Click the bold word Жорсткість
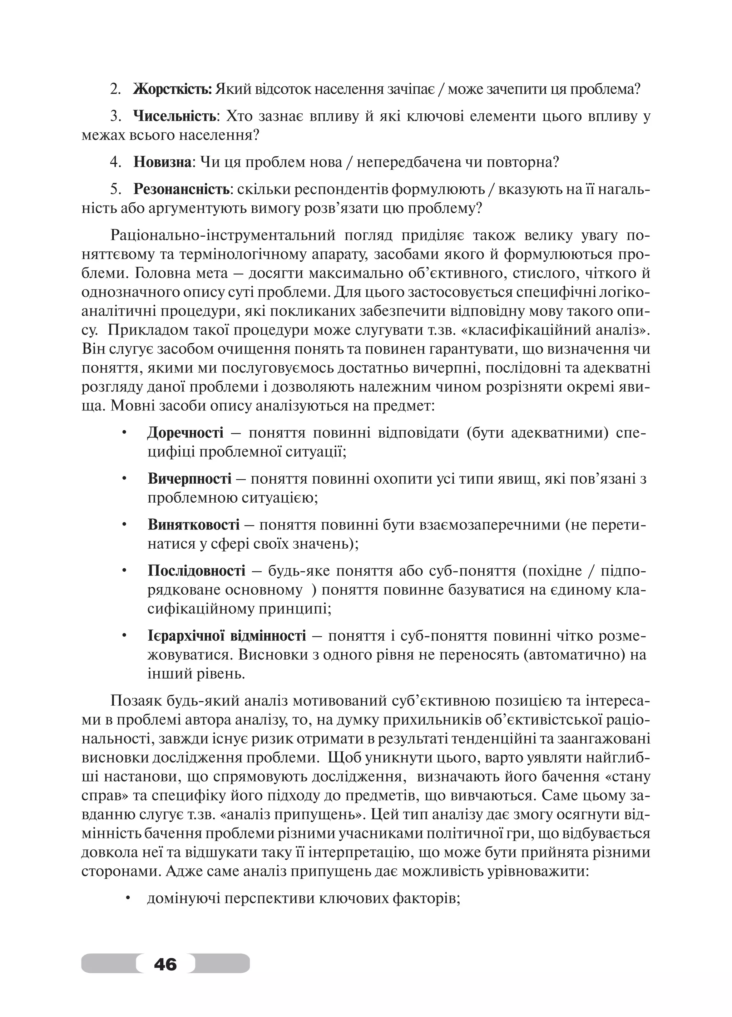click(173, 89)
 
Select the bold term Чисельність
click(175, 117)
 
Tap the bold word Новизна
click(162, 162)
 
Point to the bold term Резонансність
click(182, 190)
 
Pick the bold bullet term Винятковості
click(194, 525)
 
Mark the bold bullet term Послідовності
click(196, 571)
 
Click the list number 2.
click(115, 89)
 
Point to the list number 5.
click(115, 190)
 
